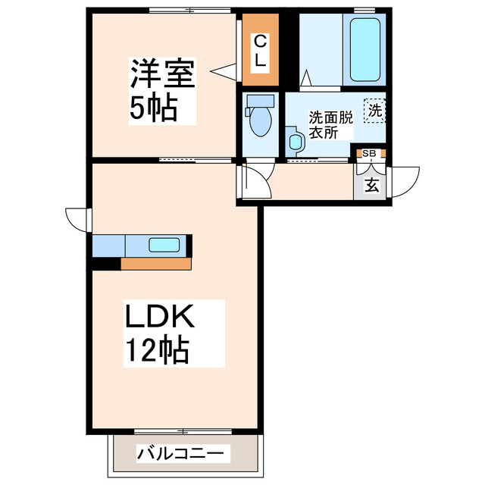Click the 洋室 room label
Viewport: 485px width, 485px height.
pyautogui.click(x=163, y=75)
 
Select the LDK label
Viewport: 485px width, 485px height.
pyautogui.click(x=160, y=316)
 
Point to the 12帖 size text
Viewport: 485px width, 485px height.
pyautogui.click(x=157, y=349)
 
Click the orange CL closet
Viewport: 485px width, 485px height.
pyautogui.click(x=260, y=51)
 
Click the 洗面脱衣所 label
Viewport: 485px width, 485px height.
pyautogui.click(x=330, y=124)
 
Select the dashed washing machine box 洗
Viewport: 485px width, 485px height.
pyautogui.click(x=374, y=111)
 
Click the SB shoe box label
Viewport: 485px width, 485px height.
pyautogui.click(x=369, y=153)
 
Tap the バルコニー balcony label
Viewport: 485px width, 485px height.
pyautogui.click(x=180, y=454)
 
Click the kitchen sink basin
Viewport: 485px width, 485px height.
pyautogui.click(x=164, y=245)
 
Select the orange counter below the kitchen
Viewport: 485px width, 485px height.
pyautogui.click(x=155, y=264)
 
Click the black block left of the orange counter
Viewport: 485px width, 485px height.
pyautogui.click(x=106, y=264)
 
